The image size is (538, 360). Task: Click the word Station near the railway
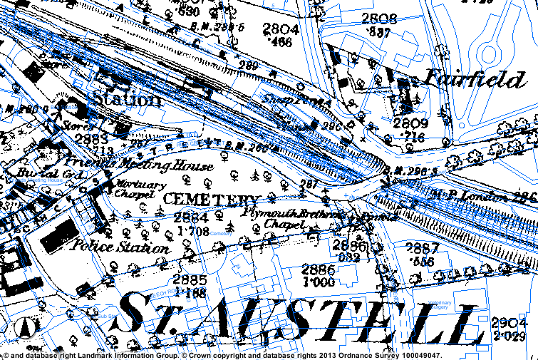[x=124, y=98]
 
